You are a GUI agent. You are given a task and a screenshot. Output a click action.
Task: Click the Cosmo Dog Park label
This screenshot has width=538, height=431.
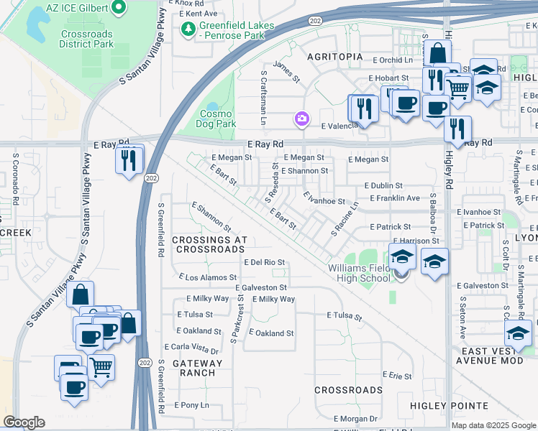point(216,119)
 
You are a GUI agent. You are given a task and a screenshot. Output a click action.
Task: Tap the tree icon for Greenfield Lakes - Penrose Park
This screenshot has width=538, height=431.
point(188,28)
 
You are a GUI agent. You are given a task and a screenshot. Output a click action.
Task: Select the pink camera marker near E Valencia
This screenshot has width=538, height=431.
point(303,119)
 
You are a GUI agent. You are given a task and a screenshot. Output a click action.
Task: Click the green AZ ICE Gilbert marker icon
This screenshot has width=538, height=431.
point(119,9)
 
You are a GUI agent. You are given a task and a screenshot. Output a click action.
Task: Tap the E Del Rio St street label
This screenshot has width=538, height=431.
point(265,262)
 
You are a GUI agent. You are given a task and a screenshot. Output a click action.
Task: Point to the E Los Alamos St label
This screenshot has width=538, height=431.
point(207,277)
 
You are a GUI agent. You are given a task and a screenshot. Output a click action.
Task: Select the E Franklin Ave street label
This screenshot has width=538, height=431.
point(395,198)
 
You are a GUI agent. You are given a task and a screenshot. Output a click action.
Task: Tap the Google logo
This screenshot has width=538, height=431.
point(24,422)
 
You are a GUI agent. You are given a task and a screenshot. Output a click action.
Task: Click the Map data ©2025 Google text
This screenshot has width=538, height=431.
point(493,425)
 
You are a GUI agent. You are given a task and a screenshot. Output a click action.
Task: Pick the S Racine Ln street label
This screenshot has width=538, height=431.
point(344,219)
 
